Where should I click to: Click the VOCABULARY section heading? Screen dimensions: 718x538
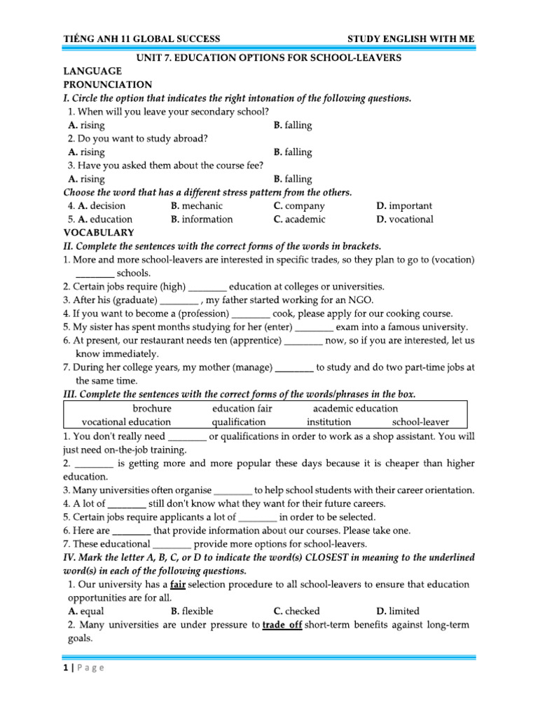point(99,232)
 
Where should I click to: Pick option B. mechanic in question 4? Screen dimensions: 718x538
point(197,206)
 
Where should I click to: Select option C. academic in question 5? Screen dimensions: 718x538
point(300,219)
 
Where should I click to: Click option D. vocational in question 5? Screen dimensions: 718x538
point(405,219)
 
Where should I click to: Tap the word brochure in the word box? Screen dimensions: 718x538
point(152,409)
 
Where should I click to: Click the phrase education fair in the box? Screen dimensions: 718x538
point(242,409)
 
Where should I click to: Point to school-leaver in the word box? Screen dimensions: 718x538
point(421,422)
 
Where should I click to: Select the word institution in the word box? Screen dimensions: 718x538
point(329,422)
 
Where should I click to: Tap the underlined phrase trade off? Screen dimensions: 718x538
point(282,625)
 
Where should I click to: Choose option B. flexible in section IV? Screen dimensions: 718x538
point(192,611)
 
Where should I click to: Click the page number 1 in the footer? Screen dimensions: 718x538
point(65,668)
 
